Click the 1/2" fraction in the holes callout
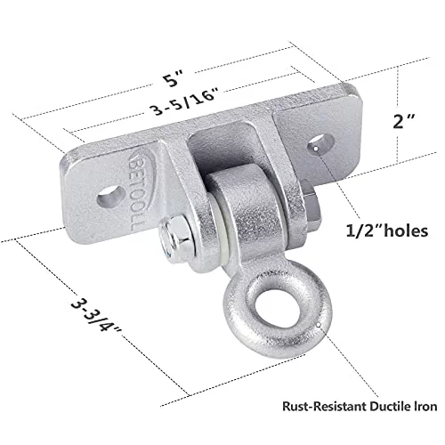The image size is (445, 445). [x=360, y=231]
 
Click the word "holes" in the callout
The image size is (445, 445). [x=402, y=231]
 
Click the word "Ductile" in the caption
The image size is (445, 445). [x=388, y=406]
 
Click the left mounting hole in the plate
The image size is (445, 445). [x=111, y=196]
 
